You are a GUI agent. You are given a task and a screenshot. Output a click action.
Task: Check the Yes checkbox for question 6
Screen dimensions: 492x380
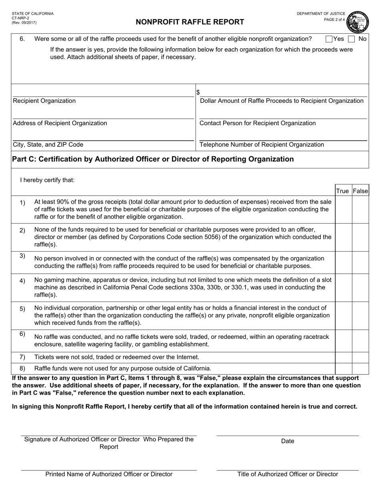click(x=329, y=39)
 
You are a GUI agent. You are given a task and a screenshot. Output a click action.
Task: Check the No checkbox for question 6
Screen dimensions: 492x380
click(x=351, y=39)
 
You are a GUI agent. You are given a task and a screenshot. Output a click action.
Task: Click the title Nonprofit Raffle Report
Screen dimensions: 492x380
click(x=190, y=22)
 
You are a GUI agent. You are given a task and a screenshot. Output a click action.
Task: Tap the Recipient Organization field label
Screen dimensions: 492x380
click(x=44, y=101)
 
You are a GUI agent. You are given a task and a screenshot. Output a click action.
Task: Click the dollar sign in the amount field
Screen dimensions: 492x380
click(x=198, y=92)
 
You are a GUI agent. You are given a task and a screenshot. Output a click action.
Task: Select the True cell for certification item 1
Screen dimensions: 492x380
click(x=343, y=209)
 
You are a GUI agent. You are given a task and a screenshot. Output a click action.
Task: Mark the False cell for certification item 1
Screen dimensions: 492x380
click(x=360, y=209)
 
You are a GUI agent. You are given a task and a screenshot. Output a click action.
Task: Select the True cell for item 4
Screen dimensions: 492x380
click(x=343, y=288)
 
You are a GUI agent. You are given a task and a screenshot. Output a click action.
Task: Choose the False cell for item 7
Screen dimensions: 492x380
click(x=360, y=357)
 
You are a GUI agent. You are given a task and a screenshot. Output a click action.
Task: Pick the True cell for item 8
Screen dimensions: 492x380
click(x=343, y=368)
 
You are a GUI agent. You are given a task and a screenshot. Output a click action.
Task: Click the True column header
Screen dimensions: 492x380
click(x=342, y=191)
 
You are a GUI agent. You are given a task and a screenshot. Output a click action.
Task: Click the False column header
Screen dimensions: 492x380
click(x=360, y=191)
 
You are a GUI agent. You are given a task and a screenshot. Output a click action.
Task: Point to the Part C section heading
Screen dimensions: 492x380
click(x=153, y=159)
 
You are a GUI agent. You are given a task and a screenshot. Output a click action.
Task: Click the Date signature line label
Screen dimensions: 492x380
click(x=287, y=441)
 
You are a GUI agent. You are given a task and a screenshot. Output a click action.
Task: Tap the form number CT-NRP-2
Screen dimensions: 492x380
click(x=20, y=18)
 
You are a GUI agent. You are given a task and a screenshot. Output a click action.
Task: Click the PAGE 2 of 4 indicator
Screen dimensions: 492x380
click(x=334, y=20)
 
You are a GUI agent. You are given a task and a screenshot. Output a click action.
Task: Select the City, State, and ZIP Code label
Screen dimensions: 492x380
click(x=48, y=145)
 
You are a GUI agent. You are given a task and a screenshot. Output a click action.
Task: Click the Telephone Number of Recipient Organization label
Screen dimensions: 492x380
click(x=262, y=145)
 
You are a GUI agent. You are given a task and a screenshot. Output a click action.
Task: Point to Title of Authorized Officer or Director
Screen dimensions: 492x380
click(x=287, y=474)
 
